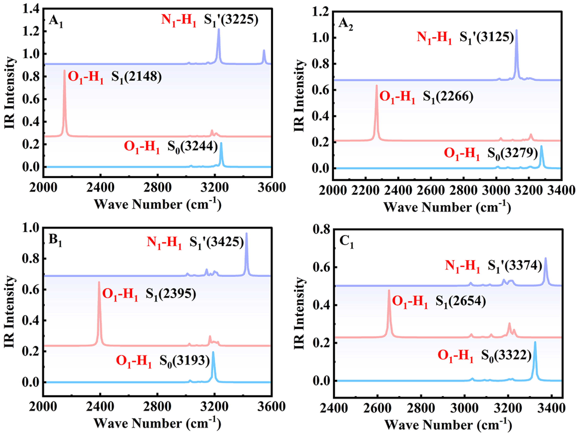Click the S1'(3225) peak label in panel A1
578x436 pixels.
click(x=231, y=20)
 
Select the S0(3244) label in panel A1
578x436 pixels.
click(x=193, y=146)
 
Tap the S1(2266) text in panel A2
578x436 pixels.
click(x=448, y=97)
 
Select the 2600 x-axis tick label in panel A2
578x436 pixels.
click(x=431, y=190)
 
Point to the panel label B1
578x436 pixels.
click(x=55, y=241)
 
